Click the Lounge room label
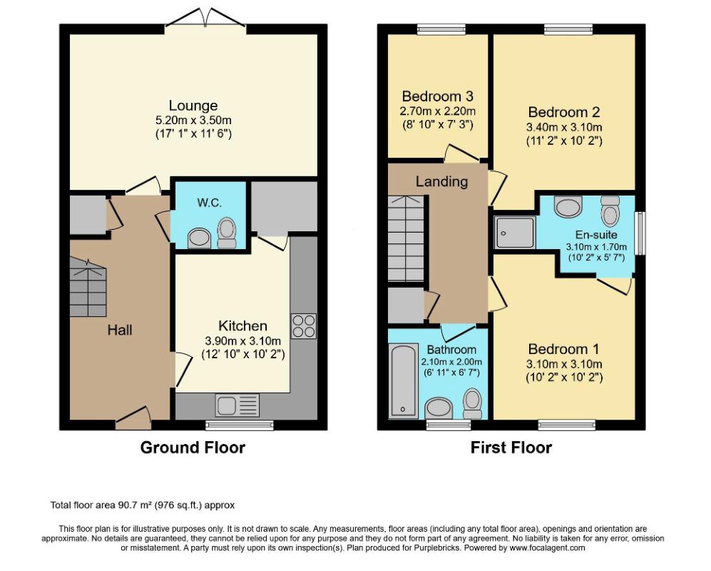193,106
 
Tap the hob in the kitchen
304,326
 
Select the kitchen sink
237,405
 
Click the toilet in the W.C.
227,233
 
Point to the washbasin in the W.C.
199,238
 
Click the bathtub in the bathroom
403,380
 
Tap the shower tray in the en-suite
515,233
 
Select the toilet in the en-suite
610,210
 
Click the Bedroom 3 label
438,96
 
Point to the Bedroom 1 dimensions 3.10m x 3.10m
564,364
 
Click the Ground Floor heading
193,448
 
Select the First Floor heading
511,448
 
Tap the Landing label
441,181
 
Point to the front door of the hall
133,418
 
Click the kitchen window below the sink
240,425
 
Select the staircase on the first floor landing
406,238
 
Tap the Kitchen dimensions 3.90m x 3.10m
243,341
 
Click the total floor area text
143,505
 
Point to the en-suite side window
640,233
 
